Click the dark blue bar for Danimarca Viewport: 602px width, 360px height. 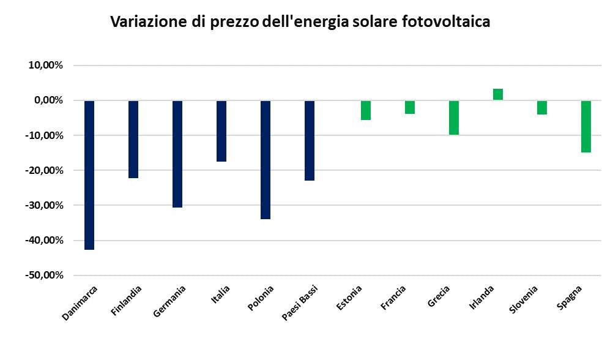click(x=89, y=175)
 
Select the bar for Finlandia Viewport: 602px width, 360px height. click(x=133, y=140)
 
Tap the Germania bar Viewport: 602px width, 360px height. click(x=177, y=154)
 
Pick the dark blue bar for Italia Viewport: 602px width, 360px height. click(x=221, y=131)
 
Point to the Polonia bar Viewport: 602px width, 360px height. click(x=266, y=160)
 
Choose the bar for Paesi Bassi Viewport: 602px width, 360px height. click(x=310, y=141)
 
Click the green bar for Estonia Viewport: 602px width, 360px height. click(x=366, y=110)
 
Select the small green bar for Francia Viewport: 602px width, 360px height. click(x=410, y=107)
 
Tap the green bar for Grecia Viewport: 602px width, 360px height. click(x=454, y=118)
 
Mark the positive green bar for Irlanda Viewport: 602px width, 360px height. click(x=498, y=94)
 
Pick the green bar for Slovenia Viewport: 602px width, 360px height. click(x=542, y=108)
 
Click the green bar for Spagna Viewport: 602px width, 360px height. click(x=586, y=126)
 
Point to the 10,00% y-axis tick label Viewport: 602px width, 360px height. click(x=46, y=66)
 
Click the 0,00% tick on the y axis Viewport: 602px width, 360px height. click(x=49, y=100)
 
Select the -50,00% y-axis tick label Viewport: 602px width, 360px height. click(x=44, y=275)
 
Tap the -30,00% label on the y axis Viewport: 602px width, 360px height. click(x=44, y=205)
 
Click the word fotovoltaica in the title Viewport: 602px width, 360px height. click(x=446, y=21)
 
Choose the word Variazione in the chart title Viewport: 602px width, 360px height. click(x=149, y=21)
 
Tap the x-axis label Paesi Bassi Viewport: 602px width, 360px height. click(x=300, y=302)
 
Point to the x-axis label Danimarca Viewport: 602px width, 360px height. click(x=80, y=302)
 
